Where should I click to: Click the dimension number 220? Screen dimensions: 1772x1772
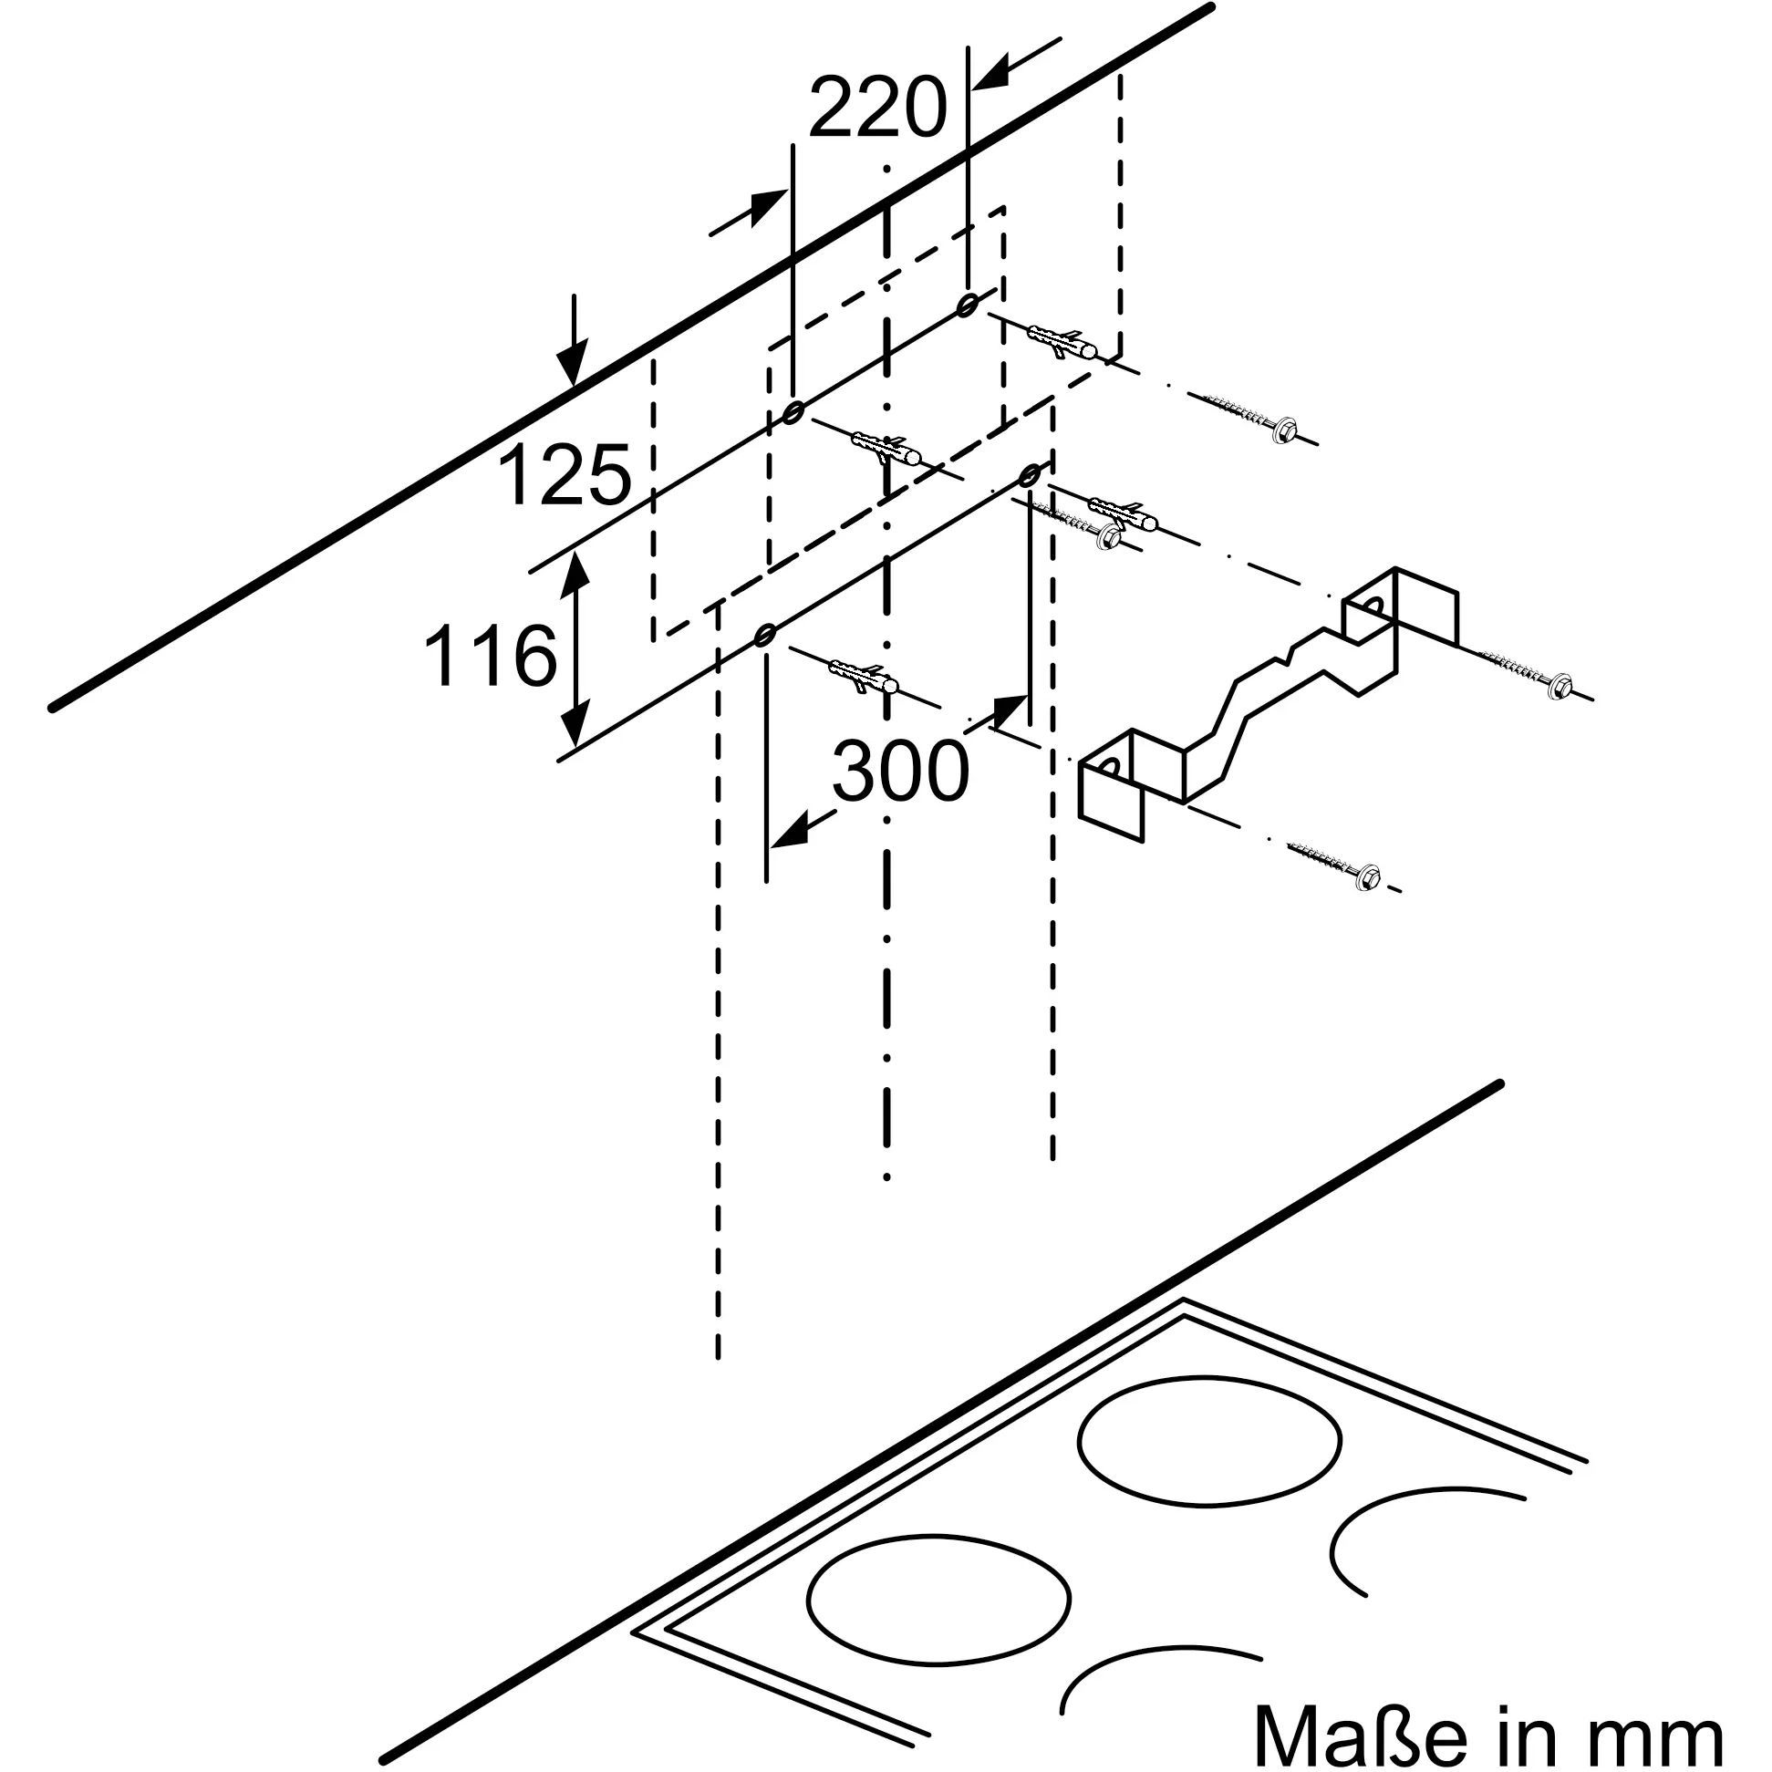pos(876,109)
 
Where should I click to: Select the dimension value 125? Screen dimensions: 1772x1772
pos(565,474)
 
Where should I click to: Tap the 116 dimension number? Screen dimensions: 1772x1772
pos(491,655)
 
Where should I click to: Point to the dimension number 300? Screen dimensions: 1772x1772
pos(900,771)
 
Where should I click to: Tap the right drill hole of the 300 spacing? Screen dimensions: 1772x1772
pos(1029,475)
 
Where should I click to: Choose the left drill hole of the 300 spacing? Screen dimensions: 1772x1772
pos(765,634)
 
